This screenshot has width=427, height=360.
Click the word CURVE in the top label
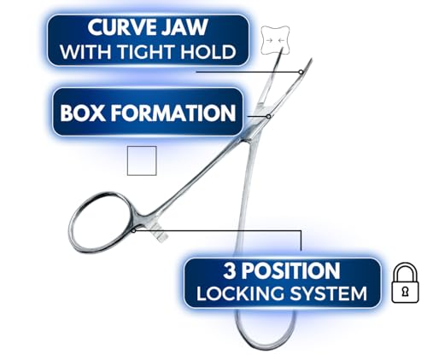123,27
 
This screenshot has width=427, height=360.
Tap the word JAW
186,27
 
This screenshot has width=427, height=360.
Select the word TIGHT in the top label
143,52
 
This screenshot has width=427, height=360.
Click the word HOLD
204,52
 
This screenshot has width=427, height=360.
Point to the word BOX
83,113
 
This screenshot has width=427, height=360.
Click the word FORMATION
173,113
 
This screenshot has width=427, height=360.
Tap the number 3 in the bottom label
230,270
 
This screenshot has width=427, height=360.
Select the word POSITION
290,270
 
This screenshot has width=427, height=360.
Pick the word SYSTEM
328,293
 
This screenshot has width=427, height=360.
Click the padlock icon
405,282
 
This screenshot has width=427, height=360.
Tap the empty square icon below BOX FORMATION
142,160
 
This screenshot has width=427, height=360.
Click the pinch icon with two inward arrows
275,40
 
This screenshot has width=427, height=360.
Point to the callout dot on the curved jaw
301,72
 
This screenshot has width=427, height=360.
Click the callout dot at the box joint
268,116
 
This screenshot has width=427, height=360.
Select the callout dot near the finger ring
133,230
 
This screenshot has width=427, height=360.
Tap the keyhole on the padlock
405,292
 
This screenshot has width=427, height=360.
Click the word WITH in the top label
86,52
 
